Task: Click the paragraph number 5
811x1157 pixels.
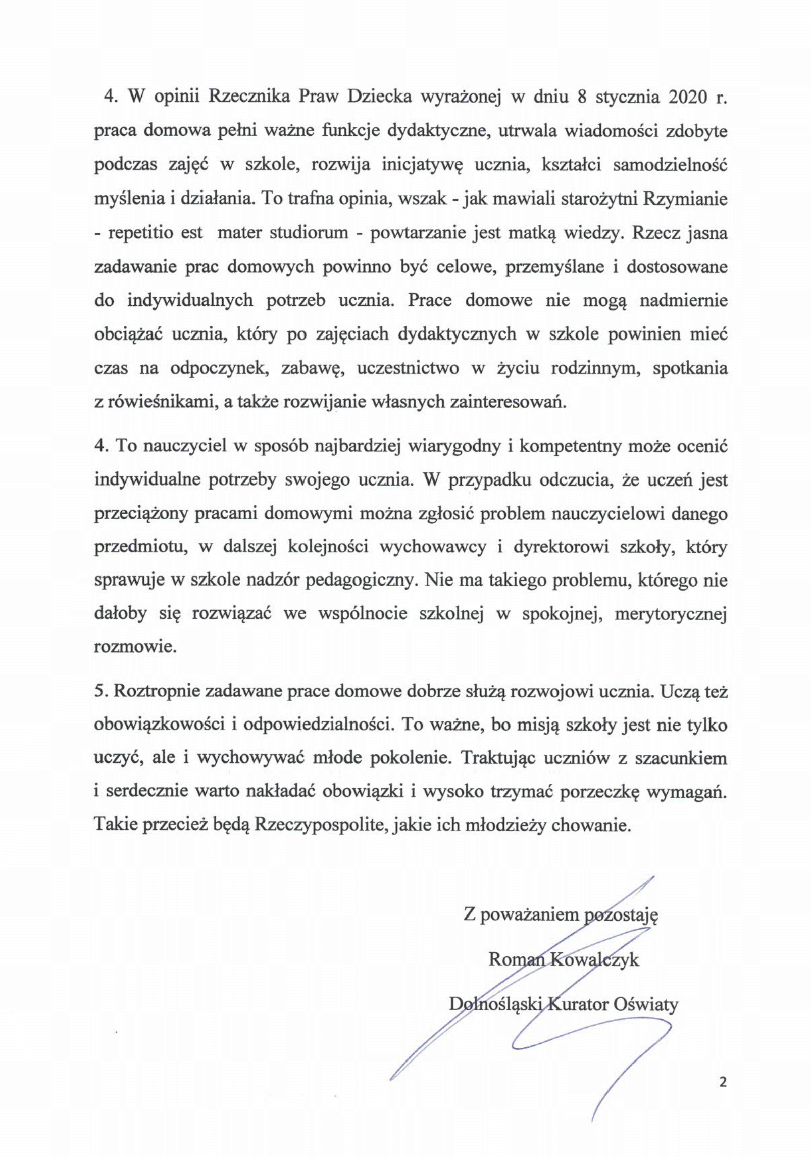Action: pyautogui.click(x=98, y=691)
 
